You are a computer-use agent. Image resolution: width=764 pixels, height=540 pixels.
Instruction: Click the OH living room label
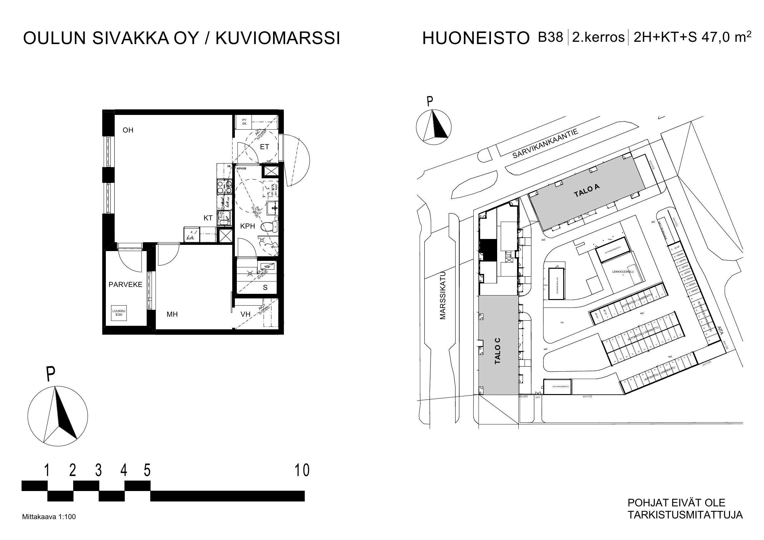(x=128, y=130)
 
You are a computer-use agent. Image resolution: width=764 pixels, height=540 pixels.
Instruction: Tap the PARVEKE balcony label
(x=125, y=285)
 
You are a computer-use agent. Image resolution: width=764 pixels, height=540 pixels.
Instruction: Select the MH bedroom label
(x=172, y=314)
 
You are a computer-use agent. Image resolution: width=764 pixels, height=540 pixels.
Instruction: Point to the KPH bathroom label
(x=248, y=227)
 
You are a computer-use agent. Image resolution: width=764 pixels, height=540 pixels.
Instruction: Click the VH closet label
(x=246, y=314)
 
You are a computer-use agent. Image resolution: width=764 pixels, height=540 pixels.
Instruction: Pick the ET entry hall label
(x=265, y=147)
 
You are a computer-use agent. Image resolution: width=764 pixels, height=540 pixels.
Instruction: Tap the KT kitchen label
(x=208, y=218)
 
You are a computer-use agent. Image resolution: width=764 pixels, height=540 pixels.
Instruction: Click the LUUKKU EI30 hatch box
(x=119, y=313)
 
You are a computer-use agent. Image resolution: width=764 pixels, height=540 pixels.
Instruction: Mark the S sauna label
(x=265, y=288)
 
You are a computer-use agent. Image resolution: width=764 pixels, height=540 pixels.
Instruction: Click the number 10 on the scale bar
(x=302, y=470)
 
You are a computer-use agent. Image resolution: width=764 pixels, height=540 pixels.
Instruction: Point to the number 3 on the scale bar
(x=99, y=470)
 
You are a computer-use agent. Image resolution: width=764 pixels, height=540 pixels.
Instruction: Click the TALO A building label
(x=587, y=191)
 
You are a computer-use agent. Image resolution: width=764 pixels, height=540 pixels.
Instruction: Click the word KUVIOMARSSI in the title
(x=278, y=39)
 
